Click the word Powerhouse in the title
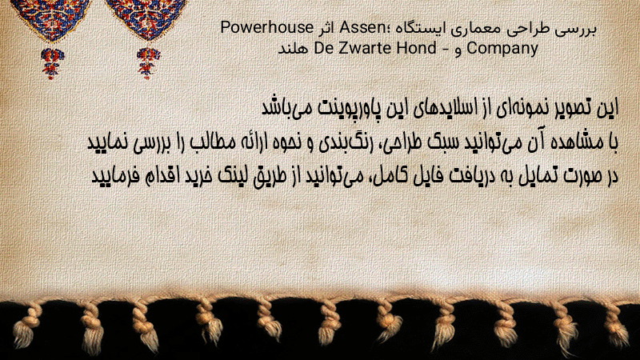tap(266, 28)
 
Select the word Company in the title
tap(502, 49)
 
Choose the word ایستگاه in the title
tap(421, 28)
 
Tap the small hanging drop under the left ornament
tap(51, 63)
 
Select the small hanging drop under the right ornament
tap(148, 63)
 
